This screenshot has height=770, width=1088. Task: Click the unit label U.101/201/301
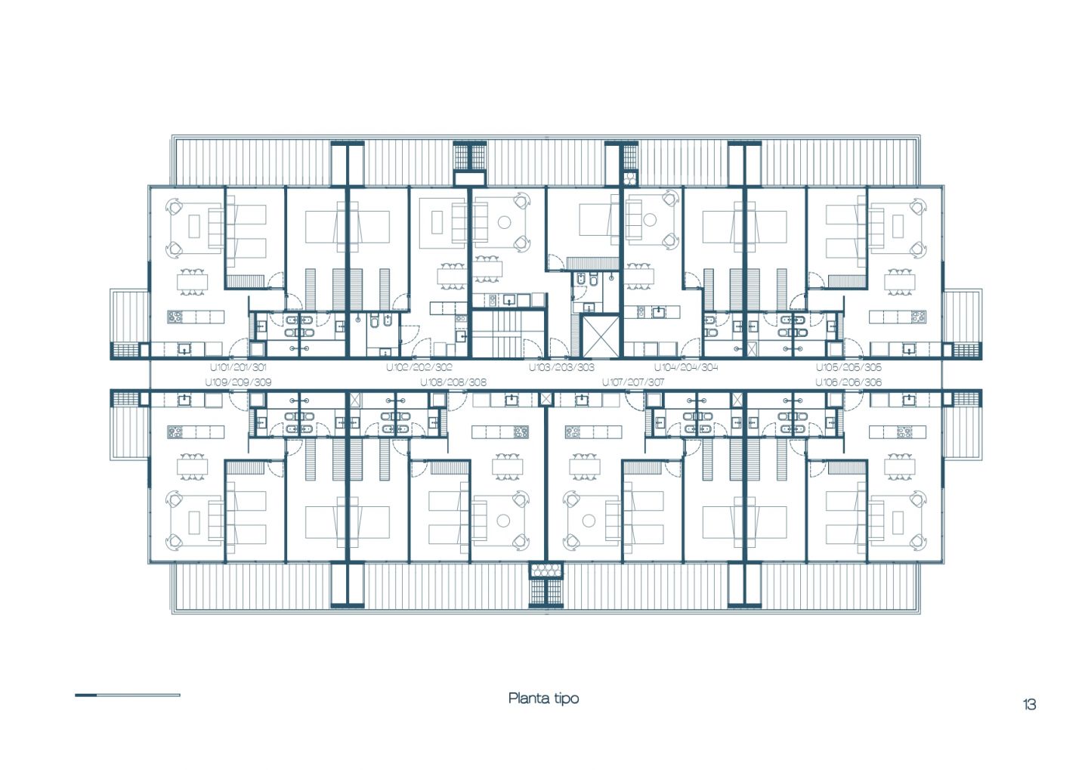coord(238,367)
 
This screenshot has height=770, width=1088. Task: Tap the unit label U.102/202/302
coord(419,367)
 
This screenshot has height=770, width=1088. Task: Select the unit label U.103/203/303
coord(561,367)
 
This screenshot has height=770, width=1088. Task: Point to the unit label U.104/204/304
coord(686,367)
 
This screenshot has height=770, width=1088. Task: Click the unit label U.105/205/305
coord(848,367)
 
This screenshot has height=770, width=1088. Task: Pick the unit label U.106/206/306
coord(848,382)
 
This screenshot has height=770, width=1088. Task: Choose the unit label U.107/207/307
coord(633,382)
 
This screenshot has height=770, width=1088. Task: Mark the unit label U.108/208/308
coord(453,382)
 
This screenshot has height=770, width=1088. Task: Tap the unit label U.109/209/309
coord(238,382)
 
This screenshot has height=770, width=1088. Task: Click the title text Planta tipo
coord(543,698)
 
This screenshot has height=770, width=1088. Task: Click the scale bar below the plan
coord(127,695)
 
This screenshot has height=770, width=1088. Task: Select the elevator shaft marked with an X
coord(601,336)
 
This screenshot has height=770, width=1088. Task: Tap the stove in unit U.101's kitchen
coord(175,317)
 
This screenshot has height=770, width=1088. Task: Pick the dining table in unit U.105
coord(900,282)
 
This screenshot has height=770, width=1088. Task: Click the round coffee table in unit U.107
coord(589,521)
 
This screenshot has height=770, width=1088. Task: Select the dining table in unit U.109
coord(193,466)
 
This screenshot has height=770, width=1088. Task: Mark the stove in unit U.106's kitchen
coord(904,432)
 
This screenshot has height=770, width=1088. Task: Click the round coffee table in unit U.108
coord(503,521)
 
